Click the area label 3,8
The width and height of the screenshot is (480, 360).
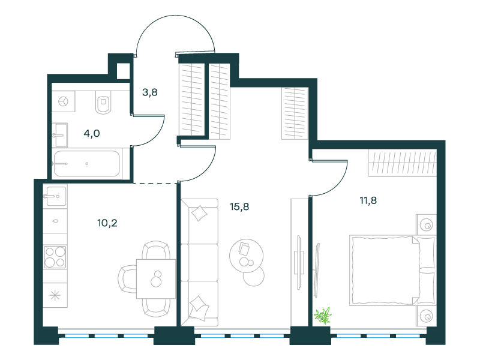coord(149,92)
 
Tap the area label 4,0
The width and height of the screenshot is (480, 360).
coord(92,133)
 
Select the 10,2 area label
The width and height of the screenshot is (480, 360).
coord(107,223)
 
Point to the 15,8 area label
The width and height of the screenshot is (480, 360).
coord(239,206)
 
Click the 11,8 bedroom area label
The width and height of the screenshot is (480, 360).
coord(368,200)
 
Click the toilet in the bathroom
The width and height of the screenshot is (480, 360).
coord(103,102)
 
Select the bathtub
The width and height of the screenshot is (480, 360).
coord(87,164)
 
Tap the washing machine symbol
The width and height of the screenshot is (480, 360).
coord(64,101)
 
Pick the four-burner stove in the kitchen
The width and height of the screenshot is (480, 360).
coord(55,257)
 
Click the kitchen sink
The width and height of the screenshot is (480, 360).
coord(55,196)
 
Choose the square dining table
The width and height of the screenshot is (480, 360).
coord(156,278)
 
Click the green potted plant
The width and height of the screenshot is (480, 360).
coord(323,316)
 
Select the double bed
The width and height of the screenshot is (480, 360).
coord(392,271)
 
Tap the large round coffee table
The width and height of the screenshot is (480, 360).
coord(247,256)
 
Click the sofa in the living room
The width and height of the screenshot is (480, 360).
coord(200,262)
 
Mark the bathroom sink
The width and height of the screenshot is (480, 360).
coord(61,135)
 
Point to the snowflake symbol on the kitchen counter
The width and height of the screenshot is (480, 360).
coord(55,295)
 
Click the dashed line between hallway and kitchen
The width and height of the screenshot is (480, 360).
coord(155,184)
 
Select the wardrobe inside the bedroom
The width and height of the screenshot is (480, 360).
coord(403,163)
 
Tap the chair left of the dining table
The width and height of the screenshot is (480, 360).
coord(127,279)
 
